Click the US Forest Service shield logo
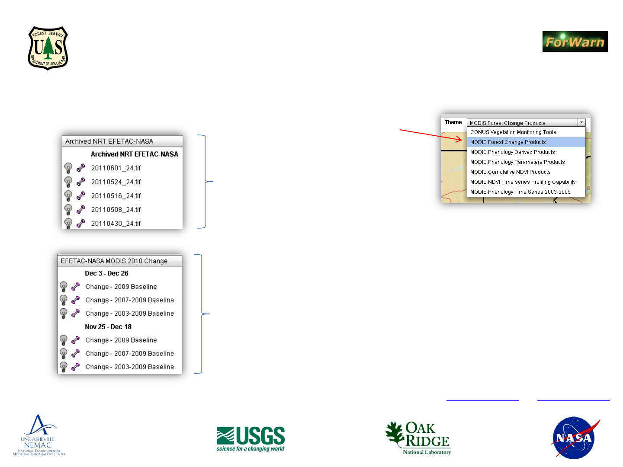[48, 48]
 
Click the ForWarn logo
[575, 42]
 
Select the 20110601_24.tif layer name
[116, 168]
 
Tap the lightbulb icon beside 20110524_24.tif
[68, 182]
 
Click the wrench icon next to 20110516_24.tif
[81, 195]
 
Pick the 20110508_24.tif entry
[116, 210]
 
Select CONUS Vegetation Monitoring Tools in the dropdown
[513, 132]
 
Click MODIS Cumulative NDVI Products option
[510, 172]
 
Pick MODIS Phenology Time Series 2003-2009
[520, 192]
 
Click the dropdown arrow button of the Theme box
[581, 122]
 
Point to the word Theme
[453, 122]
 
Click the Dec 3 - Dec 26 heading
[106, 273]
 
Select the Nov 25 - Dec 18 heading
[108, 326]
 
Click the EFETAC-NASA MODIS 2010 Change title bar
[119, 261]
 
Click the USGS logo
[250, 438]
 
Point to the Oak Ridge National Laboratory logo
[418, 438]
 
